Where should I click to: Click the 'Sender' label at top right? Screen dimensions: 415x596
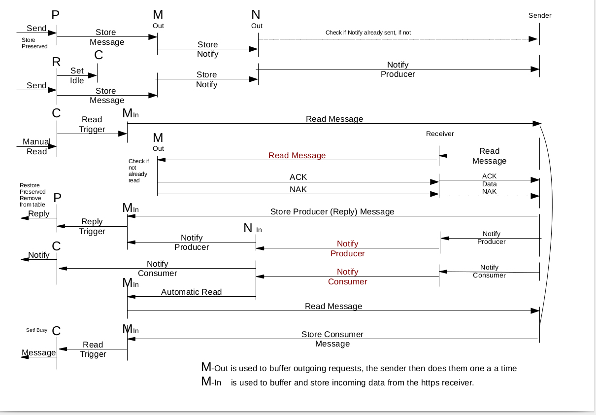540,15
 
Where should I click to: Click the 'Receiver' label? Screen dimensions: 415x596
440,134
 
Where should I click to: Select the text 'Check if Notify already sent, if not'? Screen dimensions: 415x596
368,33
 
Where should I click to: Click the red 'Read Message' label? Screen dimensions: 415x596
297,155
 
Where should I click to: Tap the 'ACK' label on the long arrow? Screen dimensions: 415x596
298,177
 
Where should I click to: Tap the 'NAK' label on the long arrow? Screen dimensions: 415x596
298,189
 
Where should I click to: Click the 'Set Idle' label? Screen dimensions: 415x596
77,75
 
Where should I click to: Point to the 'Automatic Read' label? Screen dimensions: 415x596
192,292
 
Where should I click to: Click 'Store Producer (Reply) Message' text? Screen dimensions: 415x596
332,211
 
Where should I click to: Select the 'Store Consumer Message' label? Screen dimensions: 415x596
332,339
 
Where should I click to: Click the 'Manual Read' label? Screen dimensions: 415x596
36,146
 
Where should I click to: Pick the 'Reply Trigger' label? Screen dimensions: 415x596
92,226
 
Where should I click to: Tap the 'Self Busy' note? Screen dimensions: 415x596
36,330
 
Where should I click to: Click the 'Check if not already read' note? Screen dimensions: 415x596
138,171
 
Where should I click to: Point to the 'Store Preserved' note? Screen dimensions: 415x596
34,43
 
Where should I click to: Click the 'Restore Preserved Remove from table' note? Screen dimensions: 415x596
33,195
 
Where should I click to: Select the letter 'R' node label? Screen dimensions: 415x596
56,62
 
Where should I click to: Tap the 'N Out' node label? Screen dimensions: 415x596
256,19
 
